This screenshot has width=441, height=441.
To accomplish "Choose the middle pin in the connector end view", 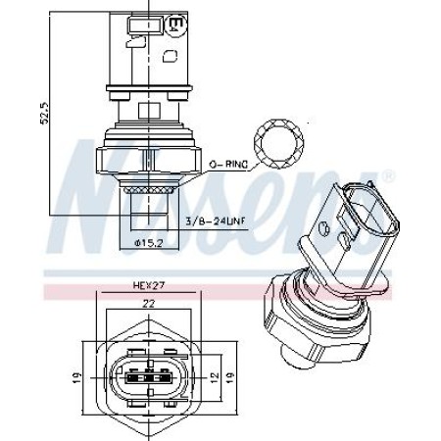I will [x=146, y=375].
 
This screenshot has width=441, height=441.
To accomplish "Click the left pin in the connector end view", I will [x=130, y=375].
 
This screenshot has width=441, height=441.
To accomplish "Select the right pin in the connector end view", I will [x=162, y=375].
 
